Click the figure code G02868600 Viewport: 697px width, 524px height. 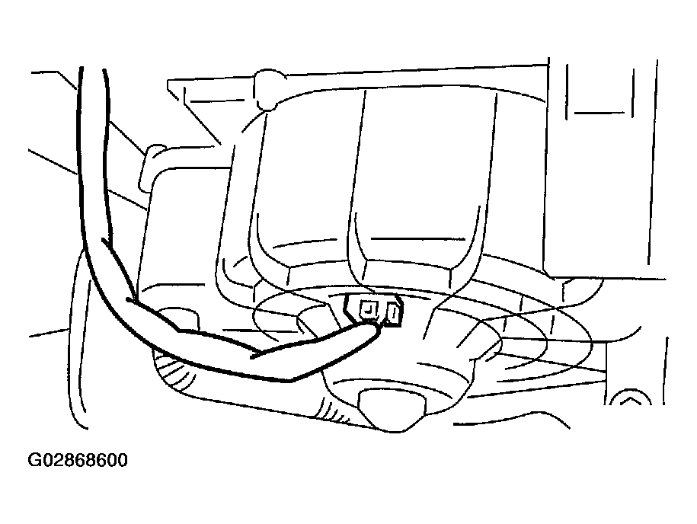pos(78,460)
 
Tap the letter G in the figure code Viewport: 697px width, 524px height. pos(34,460)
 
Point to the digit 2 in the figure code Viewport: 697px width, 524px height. pos(56,460)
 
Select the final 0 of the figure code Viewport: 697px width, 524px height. pos(122,460)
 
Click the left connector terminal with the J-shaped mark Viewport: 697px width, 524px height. pos(369,310)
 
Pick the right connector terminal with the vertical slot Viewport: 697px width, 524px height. pos(394,313)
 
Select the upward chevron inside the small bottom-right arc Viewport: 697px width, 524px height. pos(628,401)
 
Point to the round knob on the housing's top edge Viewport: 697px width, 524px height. pos(267,89)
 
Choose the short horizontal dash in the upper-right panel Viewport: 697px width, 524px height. pos(596,113)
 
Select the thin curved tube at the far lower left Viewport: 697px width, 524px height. pos(78,337)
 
